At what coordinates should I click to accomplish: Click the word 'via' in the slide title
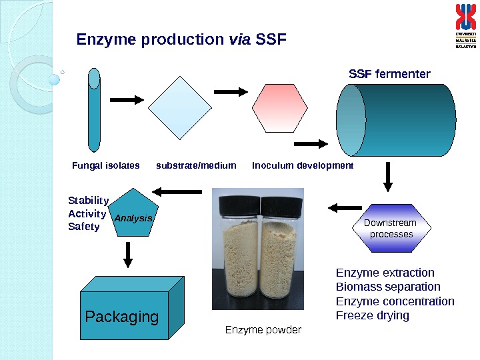coord(240,40)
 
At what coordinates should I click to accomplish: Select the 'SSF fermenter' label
coord(389,73)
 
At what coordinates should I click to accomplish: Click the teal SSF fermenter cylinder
coord(396,120)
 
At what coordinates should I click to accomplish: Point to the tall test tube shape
coord(94,110)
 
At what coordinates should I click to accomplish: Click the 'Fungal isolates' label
coord(105,165)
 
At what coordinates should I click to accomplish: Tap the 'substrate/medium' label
coord(196,165)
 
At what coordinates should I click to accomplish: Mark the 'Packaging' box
coord(123,317)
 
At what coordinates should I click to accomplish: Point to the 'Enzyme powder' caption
coord(263,330)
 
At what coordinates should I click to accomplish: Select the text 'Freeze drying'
coord(372,315)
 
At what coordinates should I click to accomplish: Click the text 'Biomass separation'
coord(388,287)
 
